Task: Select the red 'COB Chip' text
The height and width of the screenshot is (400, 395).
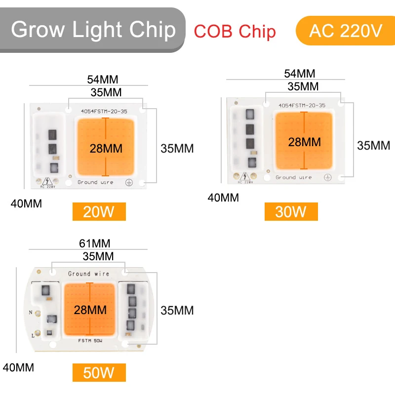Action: click(x=235, y=31)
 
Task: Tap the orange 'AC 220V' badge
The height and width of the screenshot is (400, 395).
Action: click(x=345, y=31)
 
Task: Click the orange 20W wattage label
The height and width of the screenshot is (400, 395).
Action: click(x=99, y=212)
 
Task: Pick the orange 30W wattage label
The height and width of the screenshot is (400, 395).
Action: click(x=291, y=212)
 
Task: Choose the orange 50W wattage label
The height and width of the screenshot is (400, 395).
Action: click(x=99, y=372)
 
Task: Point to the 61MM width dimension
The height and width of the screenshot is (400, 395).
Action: click(x=94, y=243)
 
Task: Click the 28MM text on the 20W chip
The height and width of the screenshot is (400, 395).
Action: click(x=106, y=148)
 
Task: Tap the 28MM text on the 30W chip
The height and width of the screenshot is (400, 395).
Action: click(x=304, y=142)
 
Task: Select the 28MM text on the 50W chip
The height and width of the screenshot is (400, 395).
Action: click(x=90, y=310)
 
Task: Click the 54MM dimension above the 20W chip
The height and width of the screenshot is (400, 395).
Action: click(x=103, y=80)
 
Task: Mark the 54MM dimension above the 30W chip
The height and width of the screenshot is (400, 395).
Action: click(x=299, y=74)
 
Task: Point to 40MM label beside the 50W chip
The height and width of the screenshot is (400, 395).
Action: click(x=18, y=368)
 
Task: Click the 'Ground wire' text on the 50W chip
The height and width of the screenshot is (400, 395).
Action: click(x=89, y=274)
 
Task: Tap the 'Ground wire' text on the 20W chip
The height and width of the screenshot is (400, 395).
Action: click(x=95, y=182)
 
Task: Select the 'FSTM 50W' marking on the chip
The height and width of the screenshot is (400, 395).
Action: click(x=90, y=341)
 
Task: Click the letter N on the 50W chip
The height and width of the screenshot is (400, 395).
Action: click(x=31, y=313)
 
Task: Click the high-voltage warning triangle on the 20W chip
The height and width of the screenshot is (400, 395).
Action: click(x=48, y=181)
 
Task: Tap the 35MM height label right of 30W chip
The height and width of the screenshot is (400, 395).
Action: click(x=374, y=145)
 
